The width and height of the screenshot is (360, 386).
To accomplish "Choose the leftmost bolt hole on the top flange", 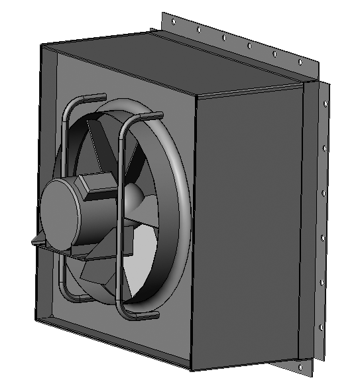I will [174, 22].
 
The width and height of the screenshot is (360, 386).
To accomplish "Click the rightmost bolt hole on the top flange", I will [300, 62].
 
